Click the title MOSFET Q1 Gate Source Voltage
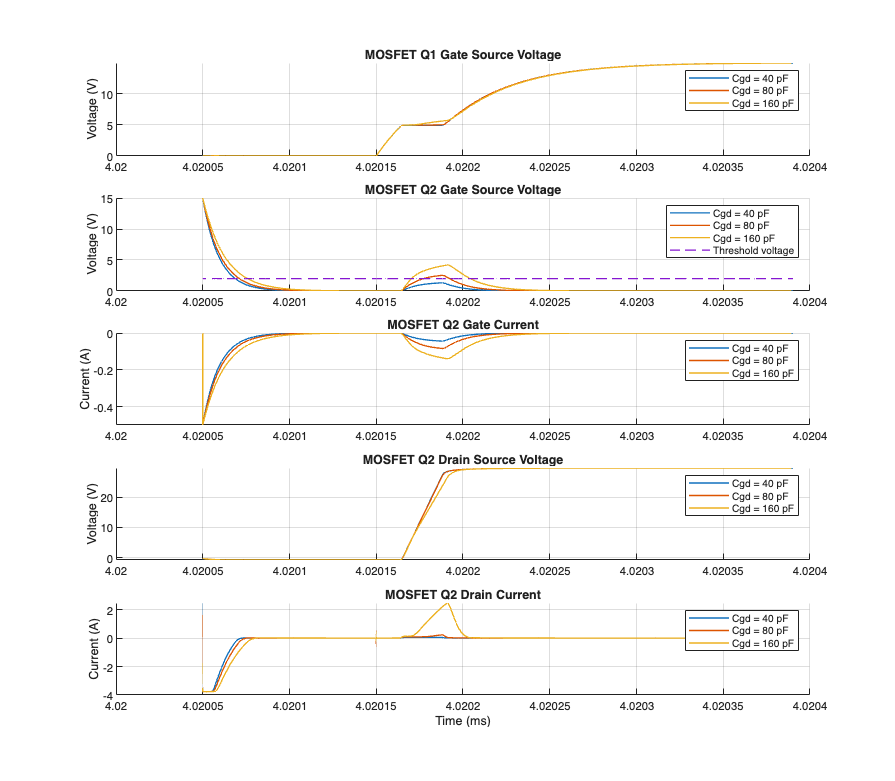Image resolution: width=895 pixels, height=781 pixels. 462,55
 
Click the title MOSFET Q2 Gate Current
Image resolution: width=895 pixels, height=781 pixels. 462,325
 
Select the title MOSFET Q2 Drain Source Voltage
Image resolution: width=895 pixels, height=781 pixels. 462,460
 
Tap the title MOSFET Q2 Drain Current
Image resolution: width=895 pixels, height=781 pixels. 462,595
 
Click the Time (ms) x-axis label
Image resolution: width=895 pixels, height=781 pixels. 462,721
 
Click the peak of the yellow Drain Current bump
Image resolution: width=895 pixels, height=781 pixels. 447,603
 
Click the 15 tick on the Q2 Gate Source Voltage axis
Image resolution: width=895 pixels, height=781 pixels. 105,199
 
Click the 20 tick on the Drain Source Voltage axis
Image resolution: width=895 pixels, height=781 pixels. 105,497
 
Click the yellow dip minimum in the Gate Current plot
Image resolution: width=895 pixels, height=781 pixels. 447,358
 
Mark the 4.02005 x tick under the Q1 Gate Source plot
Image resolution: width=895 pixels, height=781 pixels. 203,166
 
